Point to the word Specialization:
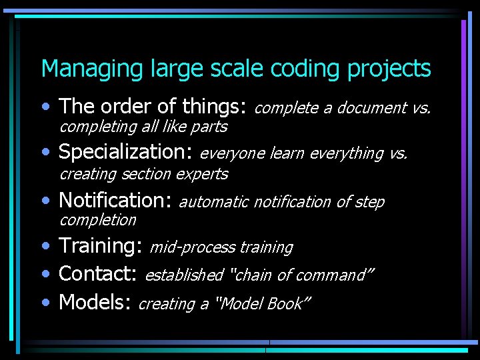(x=126, y=153)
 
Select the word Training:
(x=101, y=246)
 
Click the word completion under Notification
(x=98, y=220)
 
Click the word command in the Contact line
(x=337, y=275)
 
